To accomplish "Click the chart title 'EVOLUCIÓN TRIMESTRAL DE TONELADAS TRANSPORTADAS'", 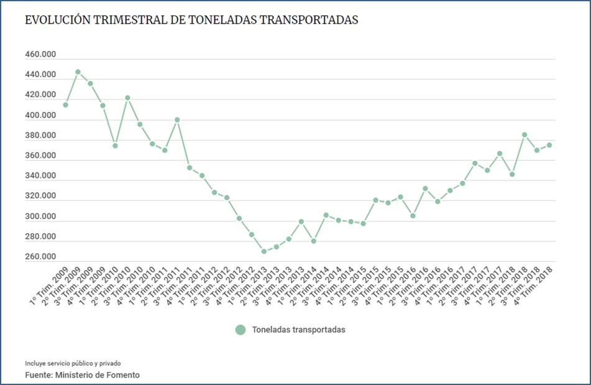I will (191, 20).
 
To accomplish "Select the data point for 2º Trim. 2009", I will (78, 72).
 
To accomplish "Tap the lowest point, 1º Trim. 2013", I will (264, 251).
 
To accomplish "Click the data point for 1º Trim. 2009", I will (65, 104).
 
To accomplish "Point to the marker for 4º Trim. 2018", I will (549, 145).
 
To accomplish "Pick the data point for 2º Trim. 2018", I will (525, 134).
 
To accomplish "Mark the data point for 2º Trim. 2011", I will (177, 119).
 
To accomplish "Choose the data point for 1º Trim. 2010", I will (115, 146).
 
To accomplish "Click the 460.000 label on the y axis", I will (40, 55).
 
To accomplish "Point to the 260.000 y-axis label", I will (40, 257).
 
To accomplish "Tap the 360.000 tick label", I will (40, 156).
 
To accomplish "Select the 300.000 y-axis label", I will (40, 216).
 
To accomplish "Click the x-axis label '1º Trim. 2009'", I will (48, 285).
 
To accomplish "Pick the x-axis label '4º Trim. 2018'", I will (533, 285).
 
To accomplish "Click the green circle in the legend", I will (241, 330).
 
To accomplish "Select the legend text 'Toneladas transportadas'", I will (298, 330).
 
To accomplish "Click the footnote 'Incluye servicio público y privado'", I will (73, 363).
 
